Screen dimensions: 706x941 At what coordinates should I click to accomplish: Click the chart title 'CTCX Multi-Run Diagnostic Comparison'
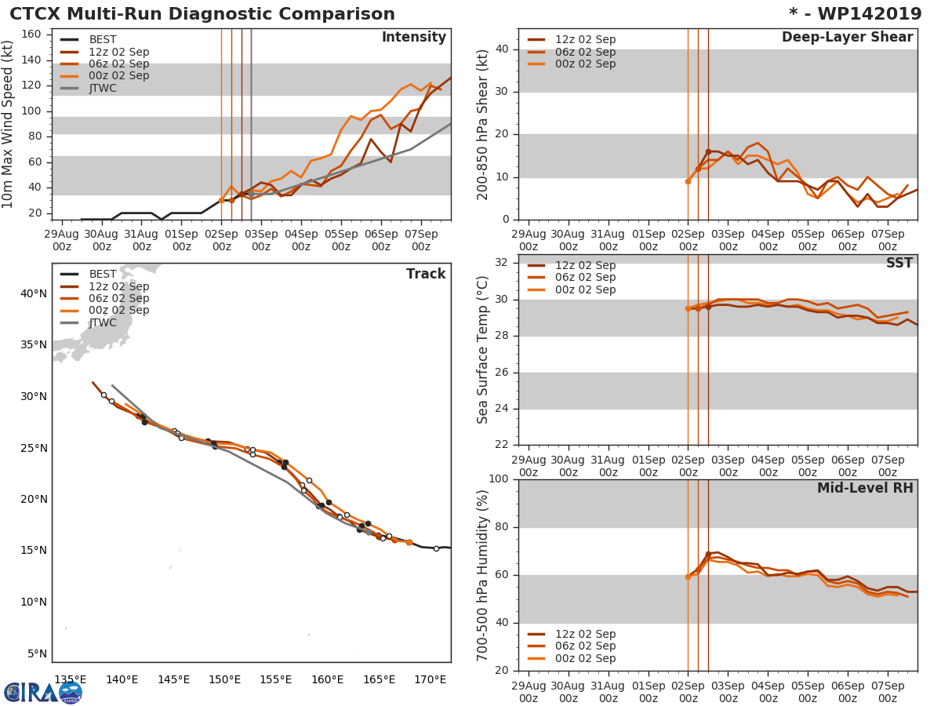click(202, 14)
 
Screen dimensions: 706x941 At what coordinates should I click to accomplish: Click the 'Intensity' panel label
click(413, 38)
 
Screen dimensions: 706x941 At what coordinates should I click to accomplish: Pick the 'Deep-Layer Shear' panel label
click(847, 38)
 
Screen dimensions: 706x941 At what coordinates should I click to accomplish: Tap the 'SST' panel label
click(899, 264)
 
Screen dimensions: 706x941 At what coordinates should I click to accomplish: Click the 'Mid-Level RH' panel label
click(864, 489)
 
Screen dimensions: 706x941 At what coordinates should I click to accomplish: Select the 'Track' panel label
click(425, 274)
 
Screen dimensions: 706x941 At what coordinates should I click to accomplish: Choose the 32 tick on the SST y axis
click(503, 263)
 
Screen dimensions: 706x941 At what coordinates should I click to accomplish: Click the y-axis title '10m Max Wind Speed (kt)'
click(9, 126)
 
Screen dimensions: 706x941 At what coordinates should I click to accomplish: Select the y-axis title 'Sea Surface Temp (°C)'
click(483, 350)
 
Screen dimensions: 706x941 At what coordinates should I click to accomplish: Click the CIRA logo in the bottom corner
click(43, 691)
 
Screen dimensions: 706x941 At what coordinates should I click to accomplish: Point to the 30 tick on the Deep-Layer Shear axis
click(503, 92)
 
